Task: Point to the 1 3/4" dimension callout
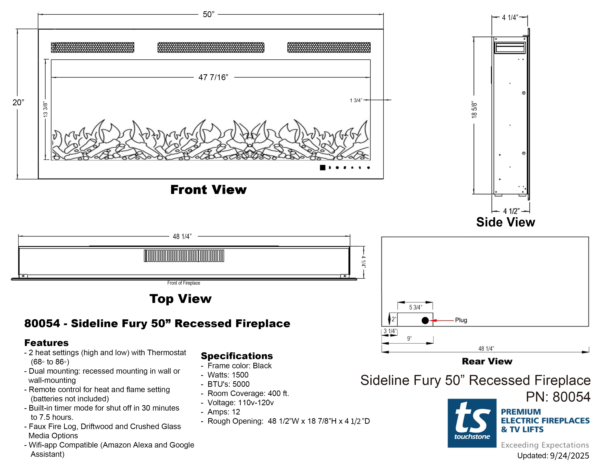356,100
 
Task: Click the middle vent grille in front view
211,47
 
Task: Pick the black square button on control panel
322,167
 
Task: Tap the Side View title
505,222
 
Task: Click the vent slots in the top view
184,256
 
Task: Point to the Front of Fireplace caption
183,283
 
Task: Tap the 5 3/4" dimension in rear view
415,307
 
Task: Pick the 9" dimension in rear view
409,338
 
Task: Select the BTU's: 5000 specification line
228,384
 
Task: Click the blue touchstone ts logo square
472,423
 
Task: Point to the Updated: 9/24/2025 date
553,456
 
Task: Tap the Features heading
46,343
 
